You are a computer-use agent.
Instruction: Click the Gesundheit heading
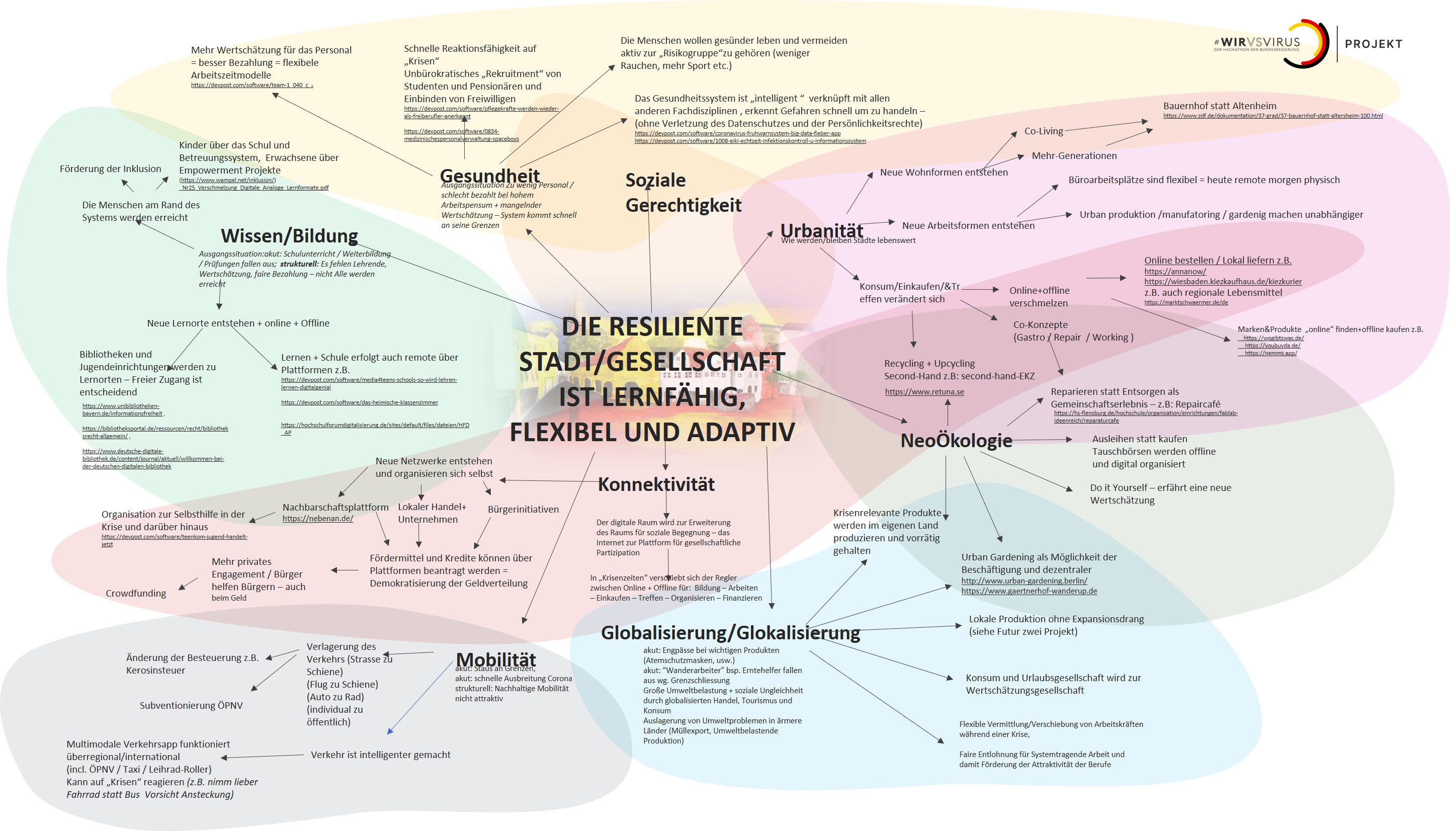pyautogui.click(x=489, y=175)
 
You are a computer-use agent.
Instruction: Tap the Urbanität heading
pyautogui.click(x=821, y=230)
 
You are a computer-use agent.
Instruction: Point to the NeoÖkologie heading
pyautogui.click(x=956, y=440)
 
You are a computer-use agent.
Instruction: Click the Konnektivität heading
pyautogui.click(x=656, y=484)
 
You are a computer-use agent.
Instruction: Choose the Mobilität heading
pyautogui.click(x=496, y=658)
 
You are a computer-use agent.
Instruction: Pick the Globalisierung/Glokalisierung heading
pyautogui.click(x=730, y=632)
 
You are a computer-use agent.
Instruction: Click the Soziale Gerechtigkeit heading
pyautogui.click(x=683, y=192)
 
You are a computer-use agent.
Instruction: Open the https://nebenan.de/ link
pyautogui.click(x=318, y=519)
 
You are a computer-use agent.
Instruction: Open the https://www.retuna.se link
pyautogui.click(x=924, y=391)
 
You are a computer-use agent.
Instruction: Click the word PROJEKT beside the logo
pyautogui.click(x=1373, y=44)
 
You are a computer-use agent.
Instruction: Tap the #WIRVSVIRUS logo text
pyautogui.click(x=1256, y=42)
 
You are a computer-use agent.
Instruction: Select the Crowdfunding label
pyautogui.click(x=136, y=594)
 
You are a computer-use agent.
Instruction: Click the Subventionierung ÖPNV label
pyautogui.click(x=191, y=705)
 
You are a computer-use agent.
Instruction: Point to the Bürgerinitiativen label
pyautogui.click(x=523, y=509)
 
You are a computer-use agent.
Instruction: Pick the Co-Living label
pyautogui.click(x=1043, y=131)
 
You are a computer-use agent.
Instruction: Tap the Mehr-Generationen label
pyautogui.click(x=1074, y=155)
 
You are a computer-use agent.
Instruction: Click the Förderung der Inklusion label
pyautogui.click(x=110, y=169)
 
